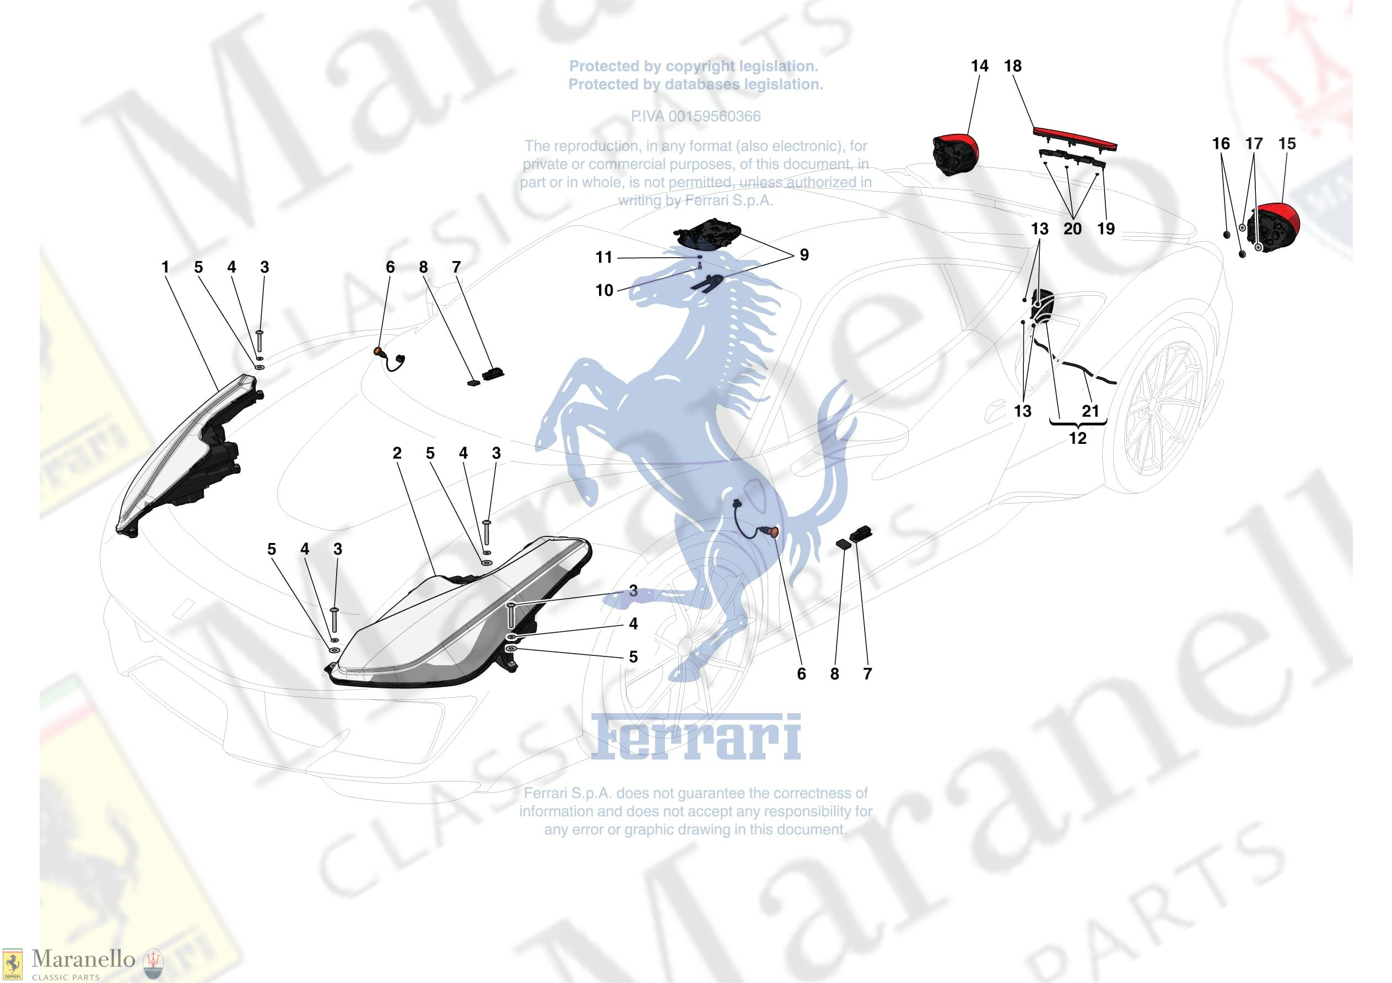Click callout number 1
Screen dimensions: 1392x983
165,267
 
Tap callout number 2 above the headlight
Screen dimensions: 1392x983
397,453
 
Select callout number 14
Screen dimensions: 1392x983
980,66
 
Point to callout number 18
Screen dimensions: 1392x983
1013,66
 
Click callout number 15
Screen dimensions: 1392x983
1287,144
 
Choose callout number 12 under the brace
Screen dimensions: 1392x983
1077,438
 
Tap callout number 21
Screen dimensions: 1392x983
1091,411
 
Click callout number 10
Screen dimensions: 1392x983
605,290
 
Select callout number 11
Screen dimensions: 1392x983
604,258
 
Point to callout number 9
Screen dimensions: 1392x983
805,255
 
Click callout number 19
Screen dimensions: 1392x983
1106,229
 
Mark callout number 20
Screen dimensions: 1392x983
1072,229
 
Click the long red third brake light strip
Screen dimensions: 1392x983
1075,138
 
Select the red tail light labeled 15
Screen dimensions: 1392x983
1275,227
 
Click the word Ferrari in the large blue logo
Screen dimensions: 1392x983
696,737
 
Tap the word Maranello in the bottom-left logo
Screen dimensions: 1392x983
83,959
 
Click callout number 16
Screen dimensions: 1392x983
1221,144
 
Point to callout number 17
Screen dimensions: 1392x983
1254,144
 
